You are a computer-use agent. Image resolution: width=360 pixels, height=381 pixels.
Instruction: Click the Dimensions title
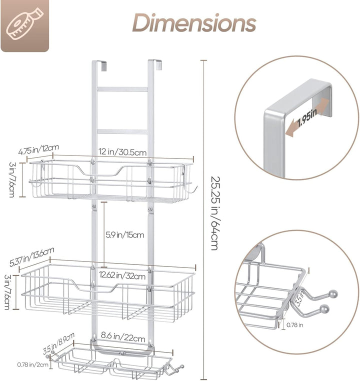click(194, 23)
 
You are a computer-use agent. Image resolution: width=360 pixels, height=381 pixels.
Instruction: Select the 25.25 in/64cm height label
click(214, 213)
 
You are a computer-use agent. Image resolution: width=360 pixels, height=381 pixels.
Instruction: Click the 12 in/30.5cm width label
click(122, 152)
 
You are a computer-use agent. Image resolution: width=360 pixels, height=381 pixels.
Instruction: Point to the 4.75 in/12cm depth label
click(38, 149)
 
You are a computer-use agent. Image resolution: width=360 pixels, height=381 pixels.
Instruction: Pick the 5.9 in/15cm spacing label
click(125, 235)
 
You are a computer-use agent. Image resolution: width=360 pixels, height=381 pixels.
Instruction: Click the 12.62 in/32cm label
click(122, 275)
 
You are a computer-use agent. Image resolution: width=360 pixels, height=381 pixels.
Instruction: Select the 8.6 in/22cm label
click(123, 337)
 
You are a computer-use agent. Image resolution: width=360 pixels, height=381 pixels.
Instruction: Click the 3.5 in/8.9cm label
click(58, 343)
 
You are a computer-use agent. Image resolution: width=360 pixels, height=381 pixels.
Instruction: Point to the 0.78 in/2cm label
click(32, 364)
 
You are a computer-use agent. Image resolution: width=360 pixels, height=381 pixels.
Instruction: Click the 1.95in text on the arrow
click(307, 118)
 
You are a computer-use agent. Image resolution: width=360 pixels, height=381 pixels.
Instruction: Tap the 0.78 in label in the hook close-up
click(294, 325)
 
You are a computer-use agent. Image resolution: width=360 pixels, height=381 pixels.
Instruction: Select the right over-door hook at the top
click(155, 64)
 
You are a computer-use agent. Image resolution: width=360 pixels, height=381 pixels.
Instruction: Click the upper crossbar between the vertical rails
click(122, 89)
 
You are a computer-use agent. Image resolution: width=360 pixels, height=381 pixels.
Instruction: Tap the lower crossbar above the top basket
click(122, 131)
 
